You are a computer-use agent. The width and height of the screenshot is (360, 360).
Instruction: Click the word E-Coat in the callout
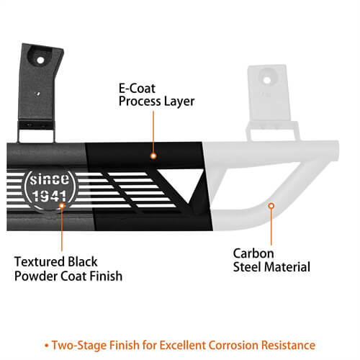[137, 89]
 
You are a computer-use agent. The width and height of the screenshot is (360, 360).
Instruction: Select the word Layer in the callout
[179, 102]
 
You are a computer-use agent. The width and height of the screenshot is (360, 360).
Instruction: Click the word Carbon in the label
[253, 253]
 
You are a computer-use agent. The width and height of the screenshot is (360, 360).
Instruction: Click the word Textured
[40, 261]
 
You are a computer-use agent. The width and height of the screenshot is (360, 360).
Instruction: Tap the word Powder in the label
[36, 276]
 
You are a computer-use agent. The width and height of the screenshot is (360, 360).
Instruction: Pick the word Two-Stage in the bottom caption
[79, 346]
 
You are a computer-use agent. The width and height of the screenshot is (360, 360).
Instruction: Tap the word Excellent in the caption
[182, 346]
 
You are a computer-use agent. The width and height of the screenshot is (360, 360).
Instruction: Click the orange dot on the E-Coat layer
[153, 156]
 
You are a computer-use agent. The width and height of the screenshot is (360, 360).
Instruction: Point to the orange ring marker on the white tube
[271, 206]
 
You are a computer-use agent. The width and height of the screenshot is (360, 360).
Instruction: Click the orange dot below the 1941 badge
[62, 206]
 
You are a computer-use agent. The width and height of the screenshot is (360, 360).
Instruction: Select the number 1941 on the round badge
[50, 196]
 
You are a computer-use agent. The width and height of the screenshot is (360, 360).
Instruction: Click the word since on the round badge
[50, 179]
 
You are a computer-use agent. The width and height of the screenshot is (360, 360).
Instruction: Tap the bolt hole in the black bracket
[40, 60]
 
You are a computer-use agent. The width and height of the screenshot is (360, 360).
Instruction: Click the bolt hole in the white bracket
[267, 80]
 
